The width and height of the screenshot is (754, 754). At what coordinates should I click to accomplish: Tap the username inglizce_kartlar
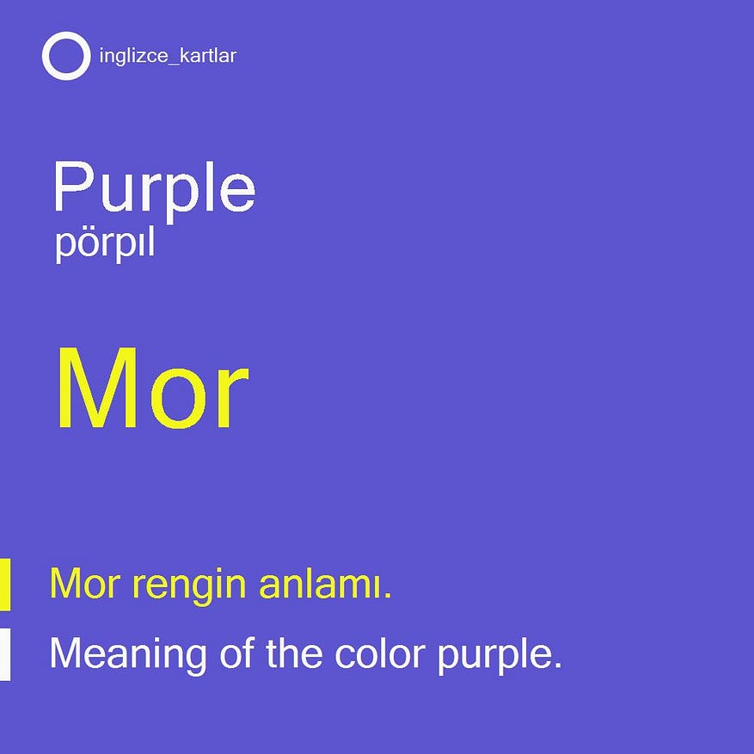[x=168, y=56]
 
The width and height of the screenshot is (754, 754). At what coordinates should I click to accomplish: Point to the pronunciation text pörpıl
[x=105, y=244]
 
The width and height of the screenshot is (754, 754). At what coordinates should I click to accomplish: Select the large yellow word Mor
[x=153, y=387]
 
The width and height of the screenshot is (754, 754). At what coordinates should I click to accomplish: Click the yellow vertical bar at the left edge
[x=5, y=585]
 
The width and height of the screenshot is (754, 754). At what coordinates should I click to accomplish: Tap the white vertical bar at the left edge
[x=5, y=654]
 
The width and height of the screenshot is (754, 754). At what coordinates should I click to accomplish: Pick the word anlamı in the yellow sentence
[x=325, y=584]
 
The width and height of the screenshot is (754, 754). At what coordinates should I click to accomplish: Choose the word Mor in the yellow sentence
[x=84, y=584]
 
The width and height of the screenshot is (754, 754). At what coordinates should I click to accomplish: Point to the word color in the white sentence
[x=380, y=653]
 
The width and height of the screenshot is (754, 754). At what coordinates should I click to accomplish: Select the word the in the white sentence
[x=294, y=653]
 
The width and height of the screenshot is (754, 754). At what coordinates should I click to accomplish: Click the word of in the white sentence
[x=237, y=653]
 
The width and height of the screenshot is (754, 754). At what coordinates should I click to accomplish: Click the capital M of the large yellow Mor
[x=97, y=387]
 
